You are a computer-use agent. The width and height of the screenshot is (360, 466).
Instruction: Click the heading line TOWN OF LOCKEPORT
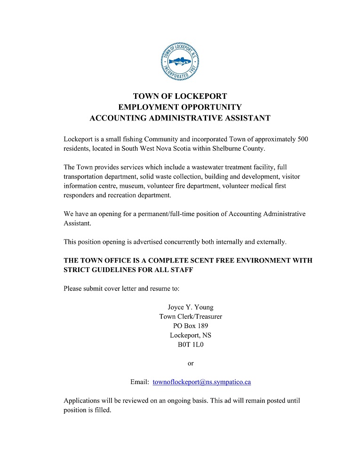click(x=180, y=96)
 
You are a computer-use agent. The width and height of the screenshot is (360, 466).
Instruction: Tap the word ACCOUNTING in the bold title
click(x=118, y=118)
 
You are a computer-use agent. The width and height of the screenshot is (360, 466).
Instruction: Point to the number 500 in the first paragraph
click(x=303, y=139)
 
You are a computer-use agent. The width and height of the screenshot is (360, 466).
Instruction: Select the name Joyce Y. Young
click(x=191, y=307)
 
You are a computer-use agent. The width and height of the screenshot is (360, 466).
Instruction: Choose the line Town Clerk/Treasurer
click(x=191, y=317)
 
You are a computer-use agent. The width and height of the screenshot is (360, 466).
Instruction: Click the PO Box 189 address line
click(x=191, y=326)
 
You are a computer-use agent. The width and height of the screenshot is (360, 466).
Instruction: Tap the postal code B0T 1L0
click(x=191, y=345)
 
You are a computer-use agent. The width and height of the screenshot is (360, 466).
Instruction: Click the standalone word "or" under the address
click(x=191, y=363)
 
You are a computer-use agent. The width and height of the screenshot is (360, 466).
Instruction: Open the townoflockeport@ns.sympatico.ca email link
click(x=201, y=382)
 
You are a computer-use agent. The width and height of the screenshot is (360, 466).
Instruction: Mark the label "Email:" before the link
click(x=140, y=382)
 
